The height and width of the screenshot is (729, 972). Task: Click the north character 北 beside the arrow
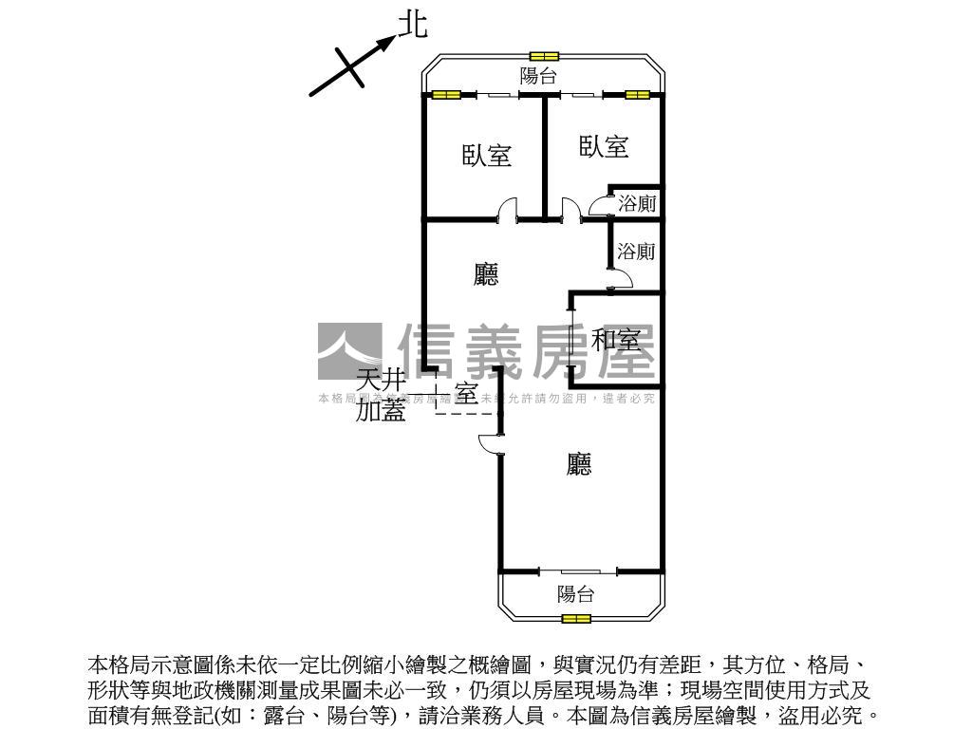412,25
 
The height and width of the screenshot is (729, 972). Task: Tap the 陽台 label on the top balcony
538,77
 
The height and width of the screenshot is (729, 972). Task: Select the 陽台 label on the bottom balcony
575,594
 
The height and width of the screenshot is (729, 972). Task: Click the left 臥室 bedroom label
487,156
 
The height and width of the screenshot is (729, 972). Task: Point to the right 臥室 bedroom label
604,146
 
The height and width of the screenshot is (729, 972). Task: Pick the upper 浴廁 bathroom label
636,203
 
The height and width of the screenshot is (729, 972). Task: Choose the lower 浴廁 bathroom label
636,252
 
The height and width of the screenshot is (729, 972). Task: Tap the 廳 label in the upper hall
486,275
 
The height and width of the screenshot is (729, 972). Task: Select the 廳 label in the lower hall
579,464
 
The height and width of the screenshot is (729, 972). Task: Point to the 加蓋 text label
381,411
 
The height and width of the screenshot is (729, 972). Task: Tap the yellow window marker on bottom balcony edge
575,619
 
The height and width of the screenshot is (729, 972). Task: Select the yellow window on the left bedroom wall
445,95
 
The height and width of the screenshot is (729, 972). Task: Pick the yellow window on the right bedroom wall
637,95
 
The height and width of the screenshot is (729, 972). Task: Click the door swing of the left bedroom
510,210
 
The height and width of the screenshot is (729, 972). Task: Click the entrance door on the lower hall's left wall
492,443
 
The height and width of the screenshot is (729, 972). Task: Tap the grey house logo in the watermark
349,352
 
